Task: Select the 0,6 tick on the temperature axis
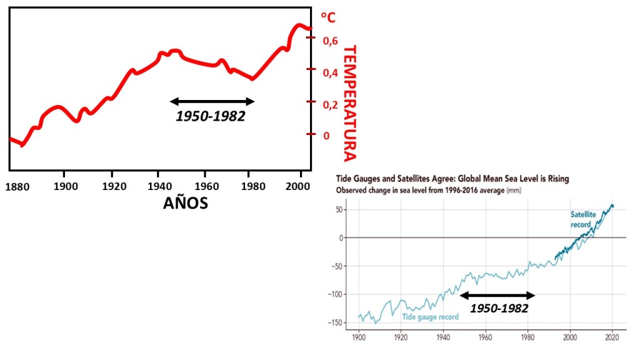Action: point(331,41)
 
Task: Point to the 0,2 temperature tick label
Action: point(331,104)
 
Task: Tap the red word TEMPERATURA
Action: point(349,103)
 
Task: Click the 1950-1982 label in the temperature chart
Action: point(210,116)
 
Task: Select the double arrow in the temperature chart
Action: point(212,101)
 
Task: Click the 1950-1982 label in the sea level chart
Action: point(499,308)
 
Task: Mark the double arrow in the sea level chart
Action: point(497,295)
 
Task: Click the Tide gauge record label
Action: point(430,317)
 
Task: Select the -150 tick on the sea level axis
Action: point(337,322)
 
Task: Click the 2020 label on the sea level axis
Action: point(612,338)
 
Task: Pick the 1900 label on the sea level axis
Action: point(358,338)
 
